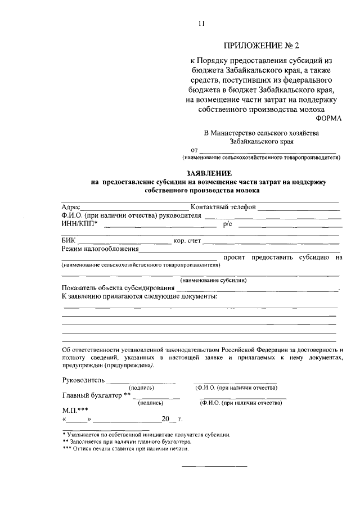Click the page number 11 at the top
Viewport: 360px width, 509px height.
coord(201,23)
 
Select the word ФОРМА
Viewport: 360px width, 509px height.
coord(328,118)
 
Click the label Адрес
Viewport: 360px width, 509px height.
coord(71,206)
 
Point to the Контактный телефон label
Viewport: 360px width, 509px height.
coord(223,206)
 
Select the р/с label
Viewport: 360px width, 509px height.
coord(228,224)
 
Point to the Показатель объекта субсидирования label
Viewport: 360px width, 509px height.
coord(118,289)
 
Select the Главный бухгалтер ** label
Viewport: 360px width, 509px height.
coord(96,395)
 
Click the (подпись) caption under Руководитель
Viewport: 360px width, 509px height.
coord(142,388)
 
